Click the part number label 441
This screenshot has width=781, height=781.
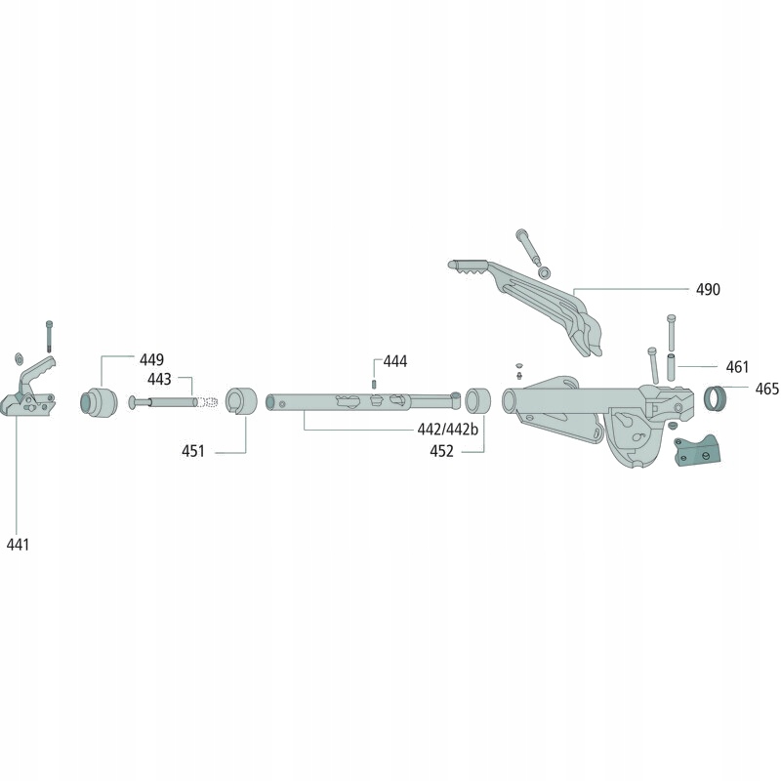coord(18,544)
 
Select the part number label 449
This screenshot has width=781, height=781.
coord(150,359)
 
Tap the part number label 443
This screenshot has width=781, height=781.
coord(159,379)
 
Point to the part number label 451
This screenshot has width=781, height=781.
coord(193,451)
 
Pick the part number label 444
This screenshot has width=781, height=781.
coord(394,362)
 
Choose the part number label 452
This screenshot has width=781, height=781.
coord(442,451)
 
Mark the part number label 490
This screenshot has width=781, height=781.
coord(708,290)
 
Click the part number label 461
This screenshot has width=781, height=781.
coord(737,368)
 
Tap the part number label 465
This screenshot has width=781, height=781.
coord(766,389)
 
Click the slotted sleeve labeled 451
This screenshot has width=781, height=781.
coord(240,401)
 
